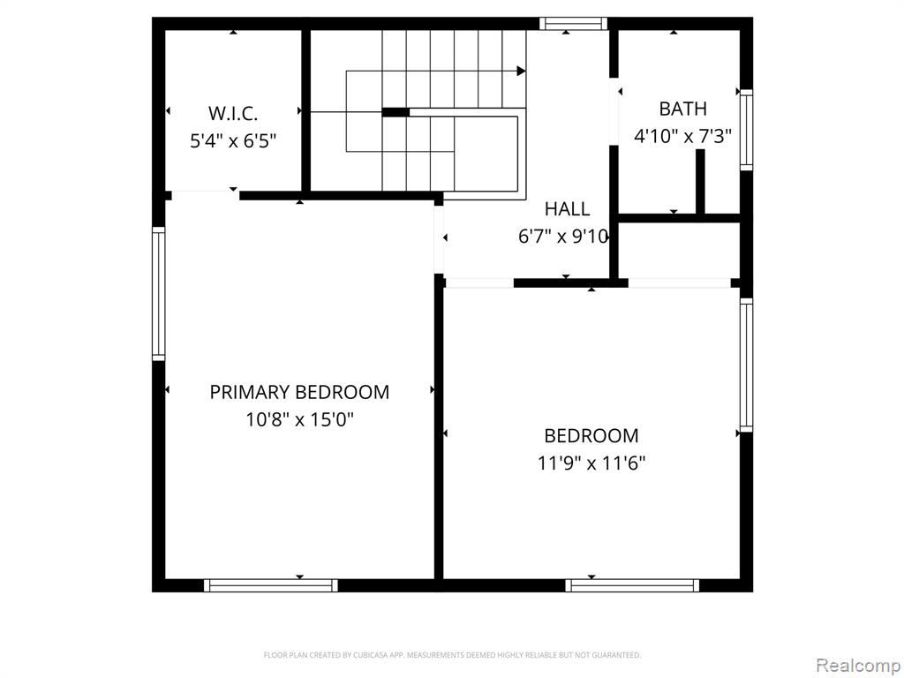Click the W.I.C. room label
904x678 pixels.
[x=233, y=113]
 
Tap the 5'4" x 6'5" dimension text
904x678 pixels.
[x=233, y=140]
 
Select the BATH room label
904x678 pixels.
[x=682, y=109]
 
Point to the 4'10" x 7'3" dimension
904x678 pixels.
[x=682, y=136]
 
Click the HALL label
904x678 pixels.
[x=567, y=209]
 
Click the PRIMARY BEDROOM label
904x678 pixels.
[x=299, y=392]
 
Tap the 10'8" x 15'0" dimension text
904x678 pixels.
[x=299, y=419]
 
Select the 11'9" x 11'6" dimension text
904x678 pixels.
[x=591, y=463]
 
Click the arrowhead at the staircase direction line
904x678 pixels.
[x=521, y=71]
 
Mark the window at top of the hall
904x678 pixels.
[x=574, y=24]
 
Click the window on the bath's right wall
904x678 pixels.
[x=746, y=131]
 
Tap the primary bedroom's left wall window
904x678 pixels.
[x=159, y=293]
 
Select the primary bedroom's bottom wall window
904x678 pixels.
[x=270, y=584]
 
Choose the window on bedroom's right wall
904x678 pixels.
[x=746, y=364]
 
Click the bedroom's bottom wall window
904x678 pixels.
[x=632, y=584]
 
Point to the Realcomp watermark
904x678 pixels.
[x=856, y=663]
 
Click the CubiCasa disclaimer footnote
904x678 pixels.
[x=452, y=655]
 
